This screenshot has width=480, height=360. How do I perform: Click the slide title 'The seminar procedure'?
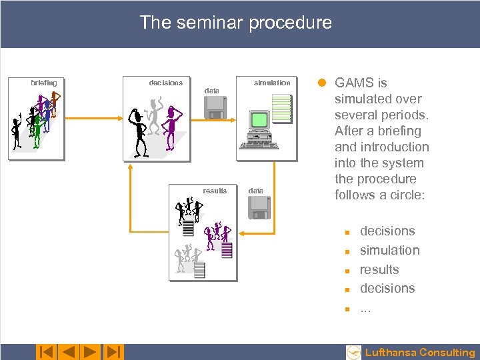tap(235, 23)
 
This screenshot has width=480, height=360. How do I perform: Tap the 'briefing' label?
tap(44, 83)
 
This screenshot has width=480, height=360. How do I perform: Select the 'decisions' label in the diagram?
tap(165, 83)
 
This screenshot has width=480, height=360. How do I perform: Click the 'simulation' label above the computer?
tap(272, 83)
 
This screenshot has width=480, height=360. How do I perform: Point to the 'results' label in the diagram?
tap(215, 191)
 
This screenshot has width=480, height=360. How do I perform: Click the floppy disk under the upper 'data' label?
tap(215, 107)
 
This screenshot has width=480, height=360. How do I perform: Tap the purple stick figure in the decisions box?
tap(173, 127)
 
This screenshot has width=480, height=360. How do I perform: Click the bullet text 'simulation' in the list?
tap(389, 251)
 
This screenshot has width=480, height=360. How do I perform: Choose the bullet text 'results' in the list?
tap(379, 270)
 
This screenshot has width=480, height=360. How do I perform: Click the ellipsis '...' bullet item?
tap(366, 308)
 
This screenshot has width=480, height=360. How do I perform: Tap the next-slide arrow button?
tap(90, 352)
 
